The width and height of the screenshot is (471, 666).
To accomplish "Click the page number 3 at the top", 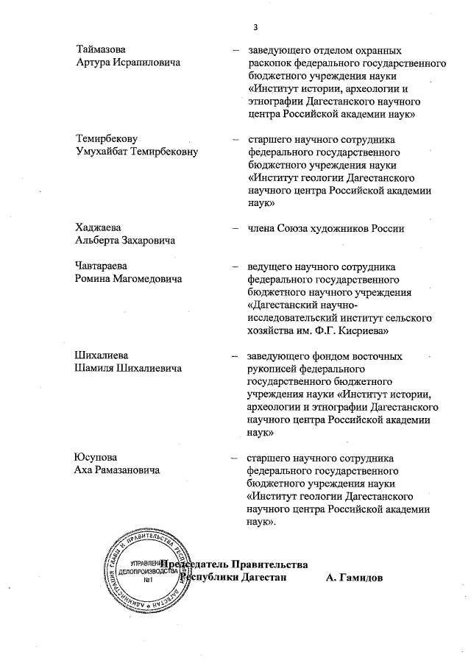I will (x=255, y=28).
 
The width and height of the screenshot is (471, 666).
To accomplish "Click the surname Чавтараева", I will (x=103, y=266).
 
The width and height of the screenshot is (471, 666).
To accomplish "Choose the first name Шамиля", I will (x=94, y=368).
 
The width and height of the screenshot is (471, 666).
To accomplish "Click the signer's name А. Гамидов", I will (x=354, y=578).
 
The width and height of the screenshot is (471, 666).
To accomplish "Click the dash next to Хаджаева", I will (x=235, y=228).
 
